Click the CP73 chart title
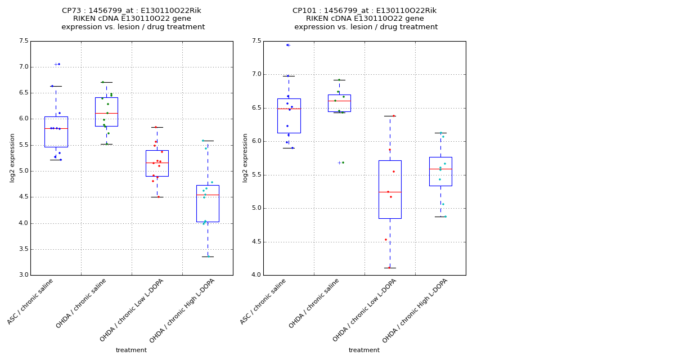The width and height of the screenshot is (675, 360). coord(132,19)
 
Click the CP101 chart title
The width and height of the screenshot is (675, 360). coord(364,19)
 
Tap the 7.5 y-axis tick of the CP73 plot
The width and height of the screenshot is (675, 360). coord(24,41)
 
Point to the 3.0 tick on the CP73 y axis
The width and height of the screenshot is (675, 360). coord(24,275)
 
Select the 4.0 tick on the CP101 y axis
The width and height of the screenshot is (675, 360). coord(256,275)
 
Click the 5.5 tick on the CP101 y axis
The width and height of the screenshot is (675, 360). coord(256,175)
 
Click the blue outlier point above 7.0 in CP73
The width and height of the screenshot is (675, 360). coord(59,64)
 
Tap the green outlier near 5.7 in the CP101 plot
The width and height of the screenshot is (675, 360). coord(343,163)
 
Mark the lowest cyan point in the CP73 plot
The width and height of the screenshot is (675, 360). coord(209,256)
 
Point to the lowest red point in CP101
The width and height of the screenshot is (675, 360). coord(389,268)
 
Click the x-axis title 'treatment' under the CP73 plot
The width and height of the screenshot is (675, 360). coord(131,350)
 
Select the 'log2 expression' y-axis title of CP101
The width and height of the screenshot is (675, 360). coord(245,158)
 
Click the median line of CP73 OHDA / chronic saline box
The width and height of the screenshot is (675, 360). coord(106,113)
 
